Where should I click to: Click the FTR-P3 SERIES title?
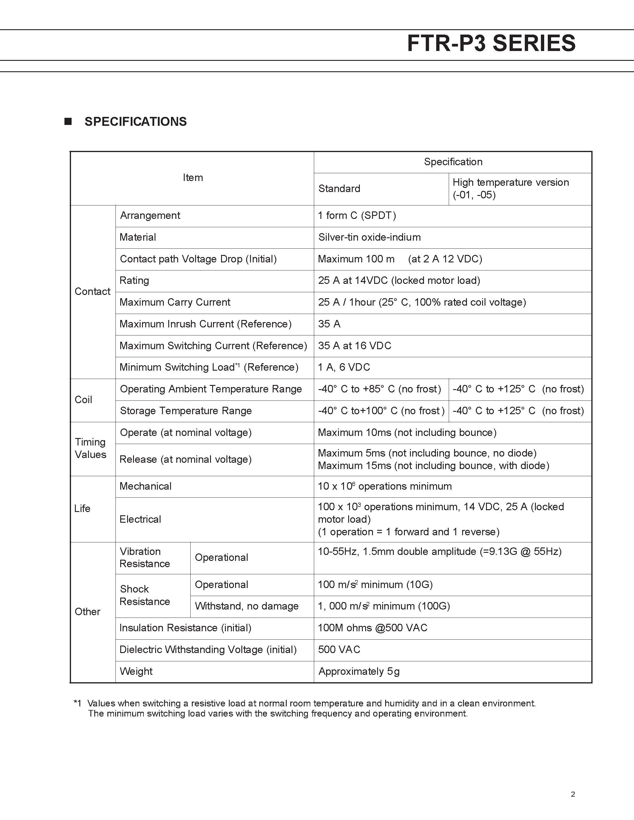tap(491, 44)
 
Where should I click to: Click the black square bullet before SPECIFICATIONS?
tap(68, 121)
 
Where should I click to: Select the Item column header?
tap(193, 178)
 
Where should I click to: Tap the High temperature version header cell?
tap(510, 188)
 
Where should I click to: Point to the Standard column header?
tap(339, 188)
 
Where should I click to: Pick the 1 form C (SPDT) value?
tap(357, 216)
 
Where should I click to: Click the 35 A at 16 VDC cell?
tap(354, 346)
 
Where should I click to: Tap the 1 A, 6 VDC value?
tap(344, 367)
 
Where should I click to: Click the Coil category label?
tap(83, 400)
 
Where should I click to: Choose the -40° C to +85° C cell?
tap(379, 389)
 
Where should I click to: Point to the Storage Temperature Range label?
tap(186, 411)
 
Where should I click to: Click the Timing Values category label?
tap(90, 448)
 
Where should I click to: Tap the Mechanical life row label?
tap(145, 486)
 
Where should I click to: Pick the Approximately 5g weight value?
tap(359, 671)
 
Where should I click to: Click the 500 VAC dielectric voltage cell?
tap(339, 649)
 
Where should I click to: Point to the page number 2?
tap(573, 794)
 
